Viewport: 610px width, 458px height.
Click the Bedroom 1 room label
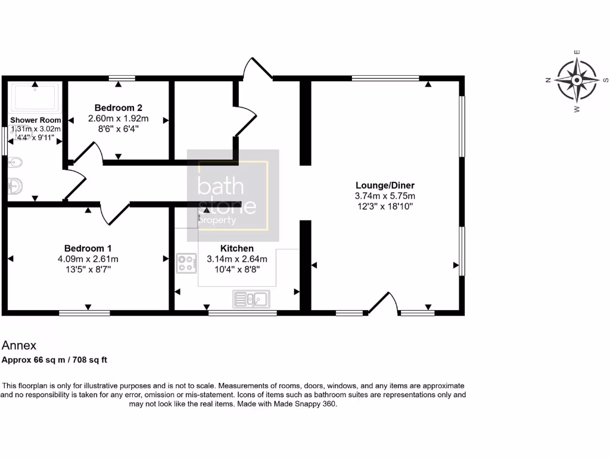point(88,248)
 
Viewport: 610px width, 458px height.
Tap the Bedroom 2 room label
point(118,108)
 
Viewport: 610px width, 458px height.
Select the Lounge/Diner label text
point(385,185)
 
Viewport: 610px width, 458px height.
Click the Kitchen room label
point(237,248)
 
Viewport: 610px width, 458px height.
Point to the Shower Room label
point(36,120)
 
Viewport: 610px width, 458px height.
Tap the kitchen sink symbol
point(251,298)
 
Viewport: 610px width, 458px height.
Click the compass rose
point(577,80)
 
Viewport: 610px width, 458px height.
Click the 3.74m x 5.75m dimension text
point(385,196)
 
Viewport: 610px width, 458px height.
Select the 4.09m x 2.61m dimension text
point(88,259)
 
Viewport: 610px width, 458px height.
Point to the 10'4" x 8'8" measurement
point(237,270)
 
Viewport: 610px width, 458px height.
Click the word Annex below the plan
point(19,345)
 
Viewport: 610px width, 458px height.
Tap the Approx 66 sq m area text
point(54,360)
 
